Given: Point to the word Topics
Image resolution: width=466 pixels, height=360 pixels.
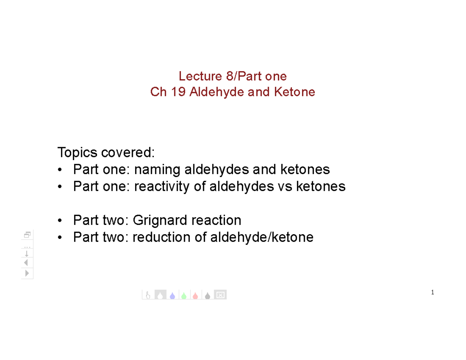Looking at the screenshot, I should point(78,153).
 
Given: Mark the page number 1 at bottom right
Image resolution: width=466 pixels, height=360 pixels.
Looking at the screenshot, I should point(432,292).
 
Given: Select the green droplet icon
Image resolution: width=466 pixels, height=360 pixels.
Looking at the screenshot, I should point(184,296).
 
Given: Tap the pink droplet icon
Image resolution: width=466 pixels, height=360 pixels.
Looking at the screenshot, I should point(195,296).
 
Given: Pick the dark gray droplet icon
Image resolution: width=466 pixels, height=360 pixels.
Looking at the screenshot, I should point(207,296).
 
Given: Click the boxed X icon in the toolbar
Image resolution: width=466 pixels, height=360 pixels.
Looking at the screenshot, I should point(220,295).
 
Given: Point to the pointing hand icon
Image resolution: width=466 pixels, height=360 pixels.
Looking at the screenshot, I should point(148,296).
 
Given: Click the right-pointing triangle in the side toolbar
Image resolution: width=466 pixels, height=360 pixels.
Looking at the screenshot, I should point(27,273).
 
